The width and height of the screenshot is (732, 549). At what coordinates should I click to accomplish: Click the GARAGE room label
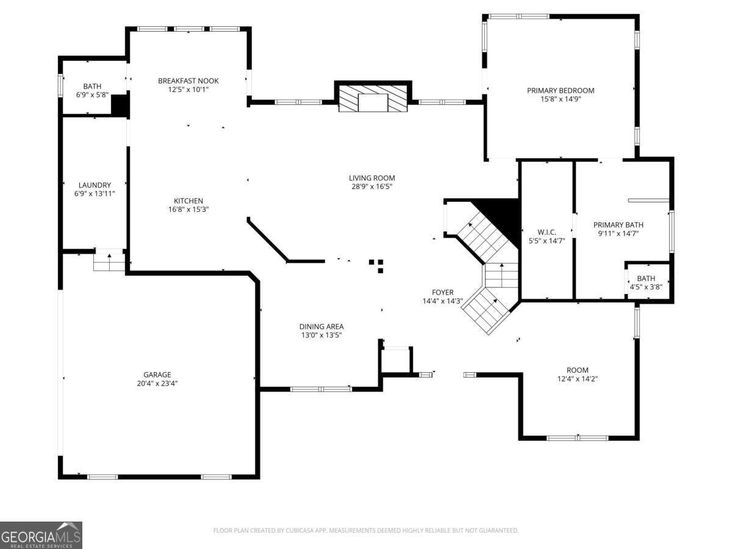pyautogui.click(x=157, y=375)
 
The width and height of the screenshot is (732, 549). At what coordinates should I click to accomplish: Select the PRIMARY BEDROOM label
pyautogui.click(x=560, y=90)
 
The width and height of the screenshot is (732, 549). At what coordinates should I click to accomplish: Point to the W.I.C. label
pyautogui.click(x=547, y=232)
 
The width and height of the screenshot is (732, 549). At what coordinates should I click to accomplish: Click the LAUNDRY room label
pyautogui.click(x=95, y=185)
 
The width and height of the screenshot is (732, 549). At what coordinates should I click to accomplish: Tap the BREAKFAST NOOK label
pyautogui.click(x=188, y=81)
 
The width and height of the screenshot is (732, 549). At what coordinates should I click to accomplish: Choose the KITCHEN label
pyautogui.click(x=188, y=201)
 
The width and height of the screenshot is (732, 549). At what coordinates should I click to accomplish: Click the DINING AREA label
pyautogui.click(x=321, y=326)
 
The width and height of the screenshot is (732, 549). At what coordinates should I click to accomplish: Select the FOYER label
pyautogui.click(x=443, y=292)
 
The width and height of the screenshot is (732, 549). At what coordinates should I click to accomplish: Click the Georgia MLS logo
pyautogui.click(x=41, y=535)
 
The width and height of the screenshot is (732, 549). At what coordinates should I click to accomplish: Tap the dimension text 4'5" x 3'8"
pyautogui.click(x=646, y=287)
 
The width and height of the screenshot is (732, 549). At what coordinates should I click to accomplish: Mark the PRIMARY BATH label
pyautogui.click(x=618, y=224)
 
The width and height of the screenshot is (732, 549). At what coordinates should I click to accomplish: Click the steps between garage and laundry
pyautogui.click(x=109, y=261)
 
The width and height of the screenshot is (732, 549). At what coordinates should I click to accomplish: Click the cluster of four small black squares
pyautogui.click(x=377, y=265)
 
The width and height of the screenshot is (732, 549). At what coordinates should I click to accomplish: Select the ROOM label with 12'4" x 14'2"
pyautogui.click(x=577, y=370)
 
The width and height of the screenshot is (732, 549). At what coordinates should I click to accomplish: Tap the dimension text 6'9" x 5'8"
pyautogui.click(x=93, y=95)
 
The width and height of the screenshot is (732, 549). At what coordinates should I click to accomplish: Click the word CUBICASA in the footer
pyautogui.click(x=297, y=531)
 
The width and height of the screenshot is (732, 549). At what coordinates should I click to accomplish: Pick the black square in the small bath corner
pyautogui.click(x=120, y=104)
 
